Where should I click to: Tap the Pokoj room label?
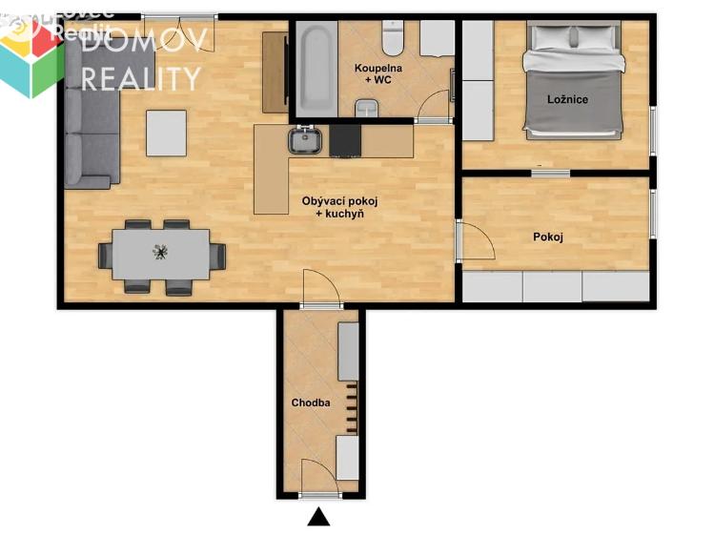tap(547, 237)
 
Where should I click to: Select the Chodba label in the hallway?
tap(311, 402)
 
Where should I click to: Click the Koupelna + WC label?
tap(377, 74)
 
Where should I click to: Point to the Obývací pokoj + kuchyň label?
tap(339, 208)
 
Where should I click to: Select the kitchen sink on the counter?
tap(305, 141)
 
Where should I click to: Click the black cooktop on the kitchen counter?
tap(345, 142)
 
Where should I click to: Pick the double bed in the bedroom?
tap(575, 81)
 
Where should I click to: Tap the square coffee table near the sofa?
tap(166, 133)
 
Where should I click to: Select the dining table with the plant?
tap(161, 255)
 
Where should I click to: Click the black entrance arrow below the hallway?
tap(318, 518)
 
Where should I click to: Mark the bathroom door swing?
tap(436, 103)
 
